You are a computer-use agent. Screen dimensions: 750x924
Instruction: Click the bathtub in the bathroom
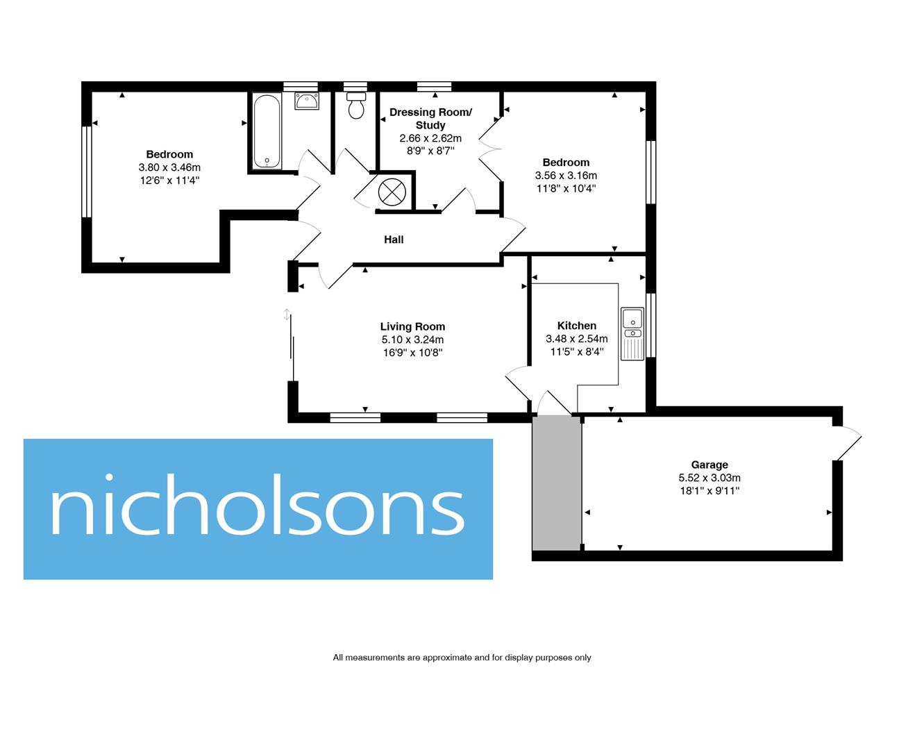pos(267,132)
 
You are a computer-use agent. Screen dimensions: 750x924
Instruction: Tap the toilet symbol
pos(356,107)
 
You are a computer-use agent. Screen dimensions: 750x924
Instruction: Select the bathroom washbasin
pos(306,101)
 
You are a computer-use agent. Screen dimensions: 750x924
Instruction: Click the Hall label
pos(394,240)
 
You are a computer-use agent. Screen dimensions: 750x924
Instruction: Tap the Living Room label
pos(412,326)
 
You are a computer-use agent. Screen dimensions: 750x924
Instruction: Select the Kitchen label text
pos(576,326)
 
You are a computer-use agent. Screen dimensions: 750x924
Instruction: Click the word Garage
pos(709,465)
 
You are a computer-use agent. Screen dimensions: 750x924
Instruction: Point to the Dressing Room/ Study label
pos(430,118)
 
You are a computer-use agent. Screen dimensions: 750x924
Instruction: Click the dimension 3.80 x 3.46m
pos(169,167)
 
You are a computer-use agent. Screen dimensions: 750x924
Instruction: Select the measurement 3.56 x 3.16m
pos(566,176)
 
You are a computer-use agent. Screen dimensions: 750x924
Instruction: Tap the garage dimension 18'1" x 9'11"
pos(709,491)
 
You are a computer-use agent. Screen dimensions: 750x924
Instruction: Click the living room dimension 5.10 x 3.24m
pos(412,340)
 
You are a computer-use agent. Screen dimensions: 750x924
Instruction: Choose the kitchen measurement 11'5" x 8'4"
pos(576,352)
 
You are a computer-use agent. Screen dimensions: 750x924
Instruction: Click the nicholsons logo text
pos(258,509)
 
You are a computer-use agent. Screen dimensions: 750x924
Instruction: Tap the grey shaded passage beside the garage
pos(556,483)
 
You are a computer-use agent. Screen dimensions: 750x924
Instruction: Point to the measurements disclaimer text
pos(462,658)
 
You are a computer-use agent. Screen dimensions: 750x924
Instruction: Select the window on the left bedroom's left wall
pos(87,172)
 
